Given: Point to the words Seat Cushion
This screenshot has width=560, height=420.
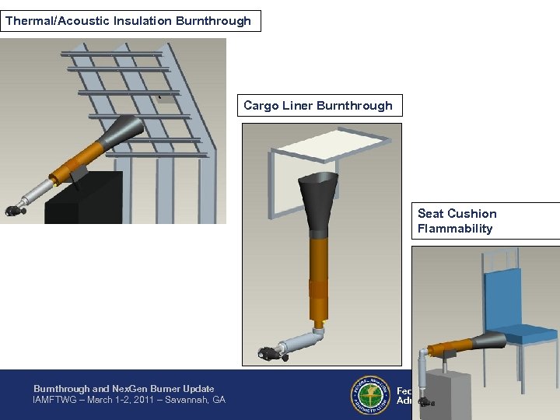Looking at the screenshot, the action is coord(457,214).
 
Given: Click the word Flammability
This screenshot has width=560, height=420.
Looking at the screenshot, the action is coord(455,229).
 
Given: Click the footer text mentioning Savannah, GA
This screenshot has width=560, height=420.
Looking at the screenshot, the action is coord(128,400).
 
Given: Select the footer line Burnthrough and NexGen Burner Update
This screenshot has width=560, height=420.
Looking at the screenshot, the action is coord(124,389).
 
